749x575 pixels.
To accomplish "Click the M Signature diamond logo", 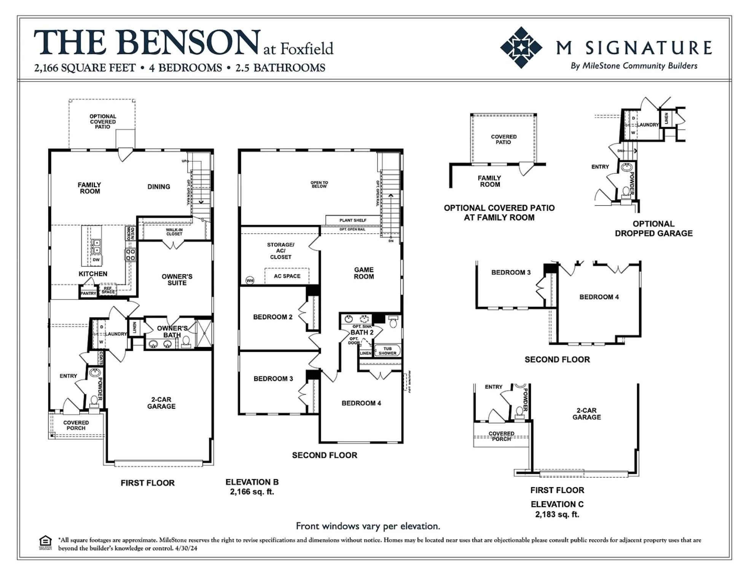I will click(521, 48).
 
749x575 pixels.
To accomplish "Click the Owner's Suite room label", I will click(177, 280).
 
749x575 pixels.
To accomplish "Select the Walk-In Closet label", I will click(174, 232).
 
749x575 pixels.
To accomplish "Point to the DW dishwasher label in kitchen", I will click(96, 260).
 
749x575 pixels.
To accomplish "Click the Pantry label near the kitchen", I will click(88, 293).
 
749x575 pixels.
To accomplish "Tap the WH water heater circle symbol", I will click(250, 281).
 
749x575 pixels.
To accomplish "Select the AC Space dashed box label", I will click(287, 276).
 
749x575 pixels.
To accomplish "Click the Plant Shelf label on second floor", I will click(353, 220).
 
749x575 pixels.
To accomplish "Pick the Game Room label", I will click(364, 273).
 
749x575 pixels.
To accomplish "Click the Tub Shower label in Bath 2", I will click(387, 351).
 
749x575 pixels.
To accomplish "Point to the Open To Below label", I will click(319, 185).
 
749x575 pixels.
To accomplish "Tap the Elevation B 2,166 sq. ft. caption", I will click(252, 487).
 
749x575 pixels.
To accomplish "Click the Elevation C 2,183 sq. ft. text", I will click(557, 509).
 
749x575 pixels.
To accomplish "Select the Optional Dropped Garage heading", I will click(653, 229).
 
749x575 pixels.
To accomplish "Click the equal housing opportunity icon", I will click(45, 542).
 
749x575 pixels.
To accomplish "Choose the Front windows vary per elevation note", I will click(368, 526).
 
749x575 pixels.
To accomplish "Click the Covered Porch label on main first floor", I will click(76, 425).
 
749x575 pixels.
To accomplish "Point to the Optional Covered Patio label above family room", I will click(103, 121).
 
